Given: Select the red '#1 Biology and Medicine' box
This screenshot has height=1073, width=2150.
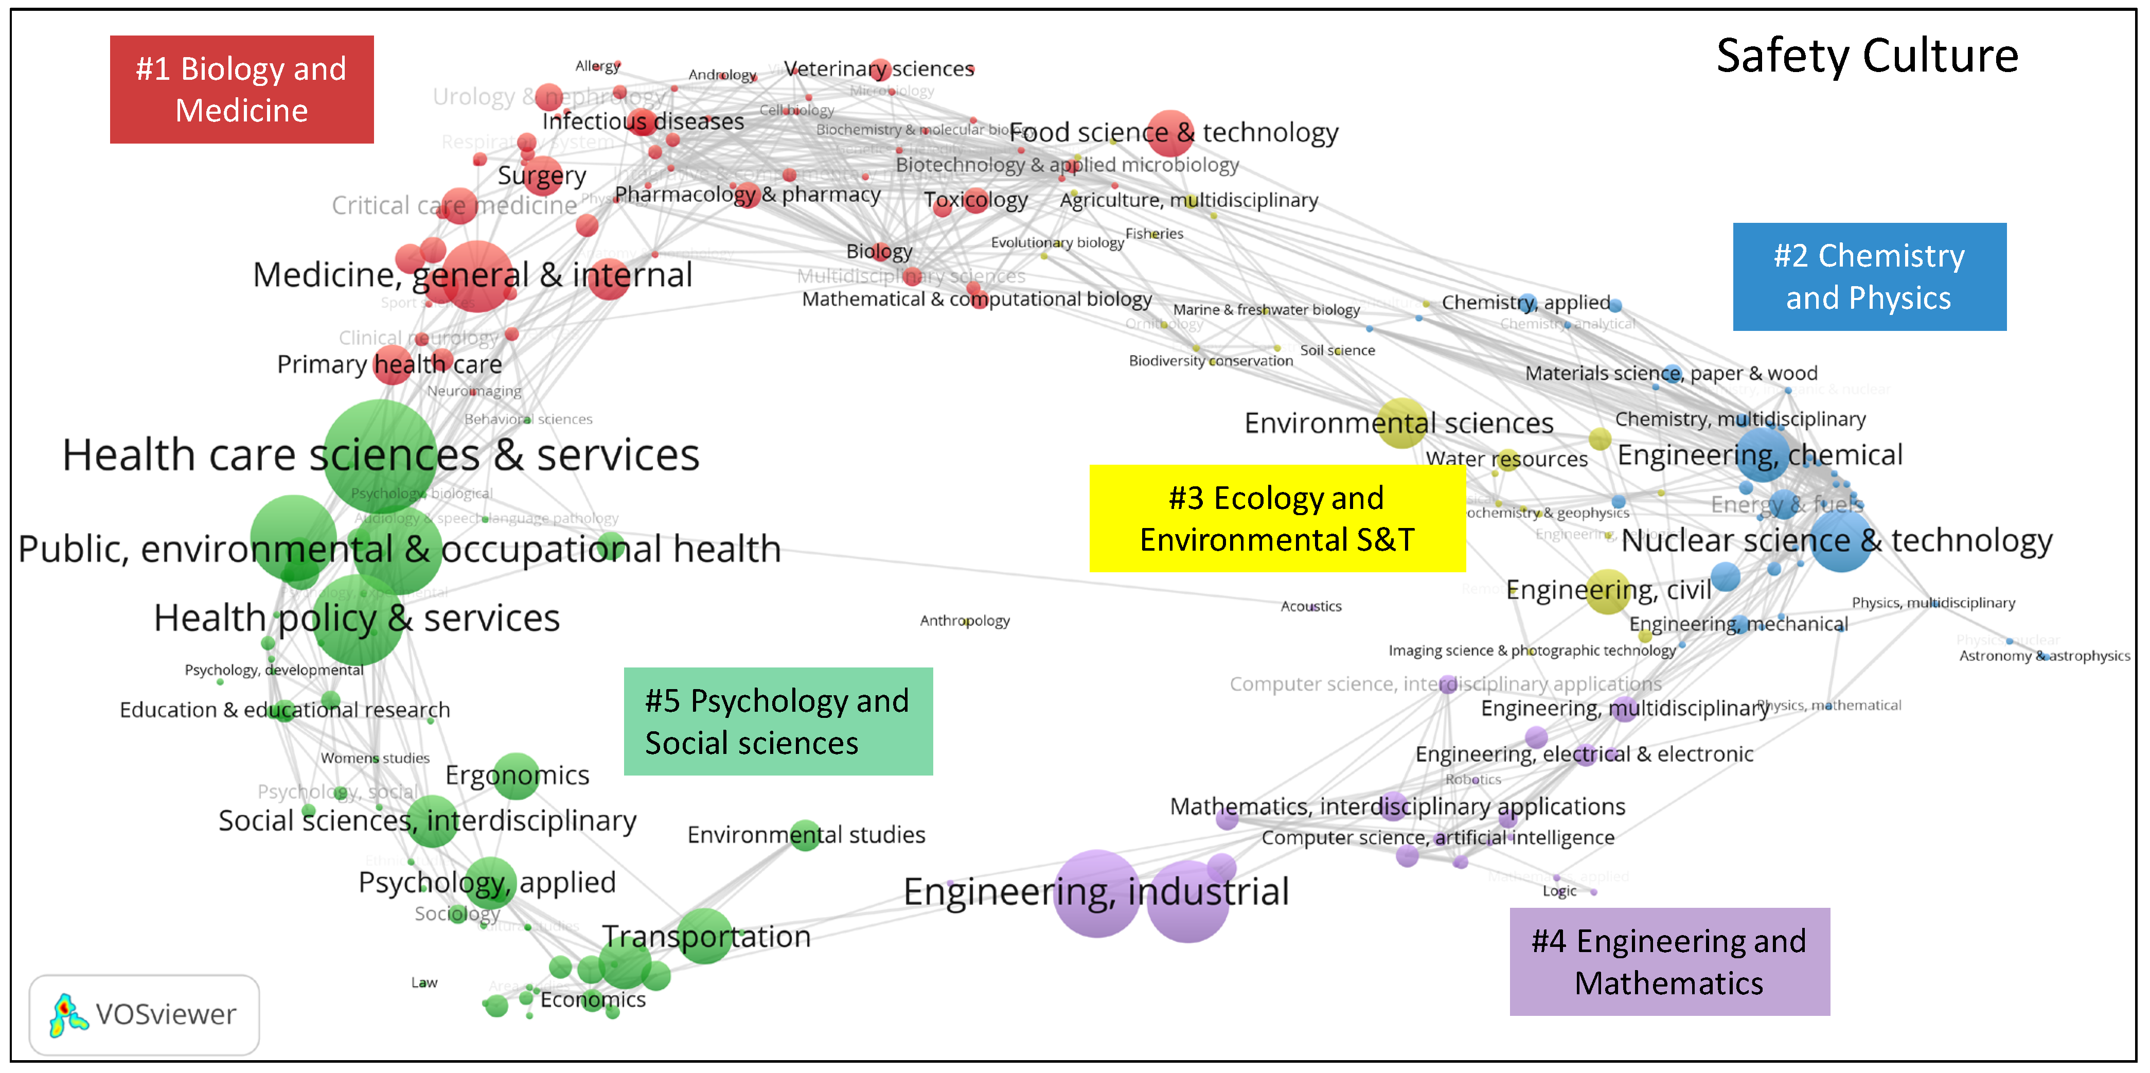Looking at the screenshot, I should (x=241, y=90).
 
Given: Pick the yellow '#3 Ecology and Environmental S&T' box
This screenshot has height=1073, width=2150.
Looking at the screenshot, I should (x=1277, y=519).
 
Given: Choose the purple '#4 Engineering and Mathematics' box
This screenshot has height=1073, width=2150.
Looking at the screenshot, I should (x=1669, y=961).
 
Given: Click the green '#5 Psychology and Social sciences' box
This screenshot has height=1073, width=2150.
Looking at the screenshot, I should (x=778, y=722).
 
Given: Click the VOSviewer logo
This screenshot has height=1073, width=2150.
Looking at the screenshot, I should (x=144, y=1014).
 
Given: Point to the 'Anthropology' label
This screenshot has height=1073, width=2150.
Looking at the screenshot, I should (x=965, y=621).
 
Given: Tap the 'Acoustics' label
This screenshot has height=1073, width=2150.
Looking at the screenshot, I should (x=1311, y=606).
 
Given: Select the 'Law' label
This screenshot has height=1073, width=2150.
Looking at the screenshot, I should (x=424, y=983).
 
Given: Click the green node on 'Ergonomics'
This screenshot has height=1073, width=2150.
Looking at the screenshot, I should (x=518, y=775).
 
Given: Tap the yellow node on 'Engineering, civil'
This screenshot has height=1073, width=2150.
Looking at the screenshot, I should (x=1608, y=591).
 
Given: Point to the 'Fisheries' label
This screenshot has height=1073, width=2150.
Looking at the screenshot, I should (x=1154, y=234).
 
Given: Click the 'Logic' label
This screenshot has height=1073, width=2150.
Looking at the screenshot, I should (x=1559, y=891).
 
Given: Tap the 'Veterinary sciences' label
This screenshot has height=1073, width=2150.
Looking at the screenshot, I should (x=879, y=68).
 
